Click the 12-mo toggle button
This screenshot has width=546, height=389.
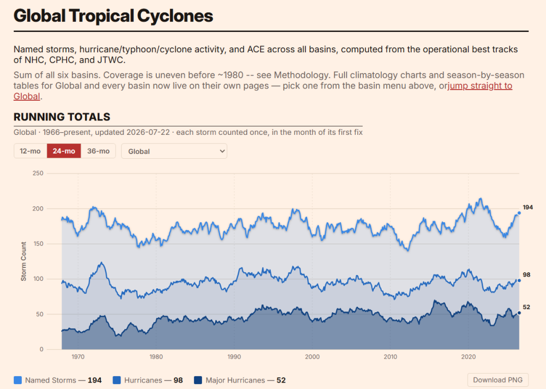click(x=30, y=151)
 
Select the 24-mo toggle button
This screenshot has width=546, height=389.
click(x=64, y=151)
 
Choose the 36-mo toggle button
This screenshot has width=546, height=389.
click(x=98, y=151)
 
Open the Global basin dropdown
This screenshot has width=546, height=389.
click(x=174, y=151)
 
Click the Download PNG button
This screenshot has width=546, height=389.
click(x=497, y=380)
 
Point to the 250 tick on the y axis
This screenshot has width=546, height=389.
click(x=38, y=173)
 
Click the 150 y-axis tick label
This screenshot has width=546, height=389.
click(x=38, y=244)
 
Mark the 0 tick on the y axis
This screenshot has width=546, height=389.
click(x=42, y=350)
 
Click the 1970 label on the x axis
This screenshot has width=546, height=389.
click(x=78, y=356)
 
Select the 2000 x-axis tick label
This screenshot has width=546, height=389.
click(x=312, y=356)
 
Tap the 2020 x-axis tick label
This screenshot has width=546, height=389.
click(x=468, y=356)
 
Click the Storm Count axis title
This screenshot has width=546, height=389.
click(x=23, y=261)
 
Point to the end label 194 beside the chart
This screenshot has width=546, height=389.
click(x=527, y=207)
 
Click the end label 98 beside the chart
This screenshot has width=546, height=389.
click(x=526, y=275)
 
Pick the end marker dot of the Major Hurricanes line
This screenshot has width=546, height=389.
click(x=519, y=313)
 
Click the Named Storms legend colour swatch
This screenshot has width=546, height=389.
click(x=18, y=380)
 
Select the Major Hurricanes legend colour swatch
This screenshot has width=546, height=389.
click(x=198, y=380)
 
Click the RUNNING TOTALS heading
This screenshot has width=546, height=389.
click(x=62, y=117)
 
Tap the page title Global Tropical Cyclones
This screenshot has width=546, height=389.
click(x=113, y=15)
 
